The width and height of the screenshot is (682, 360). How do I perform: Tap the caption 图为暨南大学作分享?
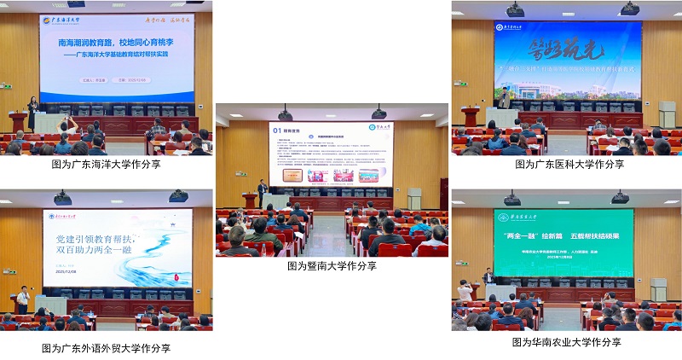pos(332,266)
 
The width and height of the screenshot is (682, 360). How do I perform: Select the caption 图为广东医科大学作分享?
pos(569,165)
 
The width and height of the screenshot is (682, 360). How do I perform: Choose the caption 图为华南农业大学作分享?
pos(566,342)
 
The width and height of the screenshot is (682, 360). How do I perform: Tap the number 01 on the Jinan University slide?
pos(276,132)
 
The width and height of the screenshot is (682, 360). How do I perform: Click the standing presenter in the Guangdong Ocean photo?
pos(34,114)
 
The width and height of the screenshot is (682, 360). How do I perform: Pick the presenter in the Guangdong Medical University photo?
pos(505,96)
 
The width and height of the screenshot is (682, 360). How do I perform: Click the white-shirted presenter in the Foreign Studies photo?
pos(24,297)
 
